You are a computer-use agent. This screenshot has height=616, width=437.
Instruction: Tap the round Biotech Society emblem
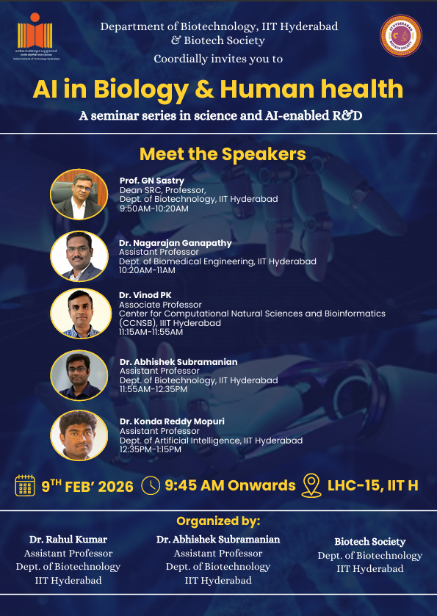pos(400,37)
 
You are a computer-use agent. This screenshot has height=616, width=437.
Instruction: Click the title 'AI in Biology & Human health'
pos(218,90)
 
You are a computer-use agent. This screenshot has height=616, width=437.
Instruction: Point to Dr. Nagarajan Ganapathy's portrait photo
pos(79,256)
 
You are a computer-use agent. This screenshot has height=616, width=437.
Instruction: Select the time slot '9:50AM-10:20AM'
pos(154,209)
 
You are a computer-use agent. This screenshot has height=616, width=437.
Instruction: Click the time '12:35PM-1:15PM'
pos(150,449)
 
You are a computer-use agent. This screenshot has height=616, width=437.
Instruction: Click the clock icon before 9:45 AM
pos(151,485)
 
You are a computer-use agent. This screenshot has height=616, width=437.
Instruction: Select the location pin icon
pos(312,485)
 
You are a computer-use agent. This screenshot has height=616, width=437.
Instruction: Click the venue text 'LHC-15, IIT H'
pos(373,485)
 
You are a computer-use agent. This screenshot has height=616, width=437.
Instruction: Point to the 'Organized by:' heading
pos(218,521)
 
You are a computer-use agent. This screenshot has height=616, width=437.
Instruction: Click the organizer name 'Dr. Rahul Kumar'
pos(68,540)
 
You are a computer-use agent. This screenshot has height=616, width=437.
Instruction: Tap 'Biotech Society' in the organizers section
pos(369,542)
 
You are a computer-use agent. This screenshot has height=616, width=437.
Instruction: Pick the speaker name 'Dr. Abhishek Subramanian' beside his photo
pos(178,362)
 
